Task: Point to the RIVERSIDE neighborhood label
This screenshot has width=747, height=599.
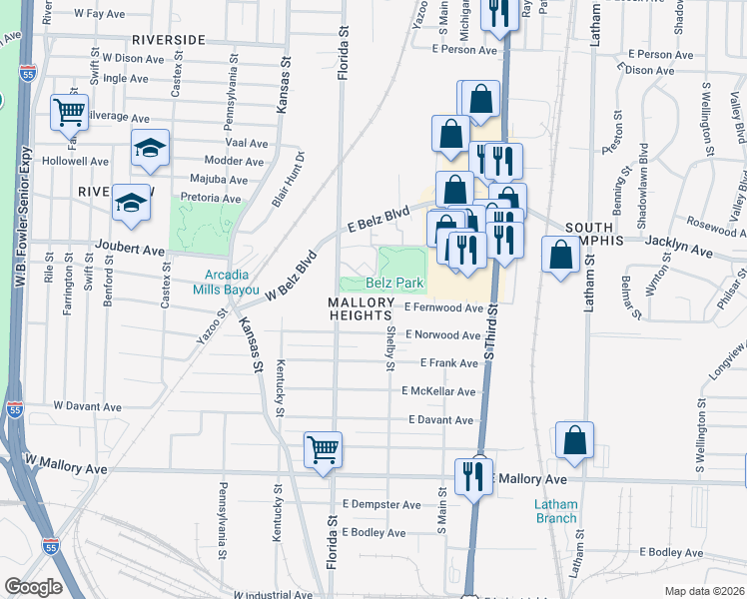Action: (x=167, y=40)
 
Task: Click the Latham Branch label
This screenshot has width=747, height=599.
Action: (x=555, y=511)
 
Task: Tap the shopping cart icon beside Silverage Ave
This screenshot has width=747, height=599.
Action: (x=69, y=113)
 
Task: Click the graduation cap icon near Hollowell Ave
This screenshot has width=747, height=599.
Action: (x=150, y=149)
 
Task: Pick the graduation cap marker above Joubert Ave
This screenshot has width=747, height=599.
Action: (x=131, y=204)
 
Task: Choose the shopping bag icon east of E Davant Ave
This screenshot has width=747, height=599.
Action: (x=575, y=440)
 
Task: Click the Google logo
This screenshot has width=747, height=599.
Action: (x=34, y=587)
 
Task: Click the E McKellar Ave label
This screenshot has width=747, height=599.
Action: (x=438, y=391)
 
